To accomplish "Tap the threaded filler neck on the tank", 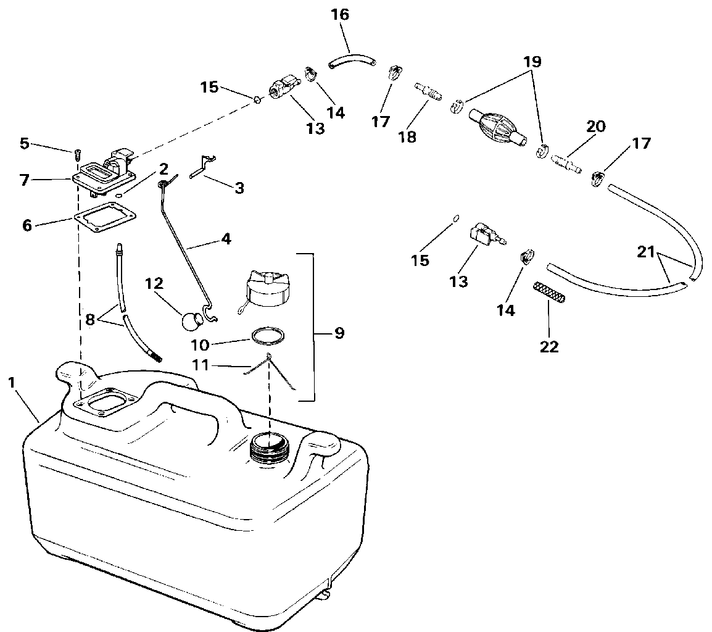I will click(269, 448).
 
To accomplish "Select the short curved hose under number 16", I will click(352, 60).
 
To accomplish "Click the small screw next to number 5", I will click(78, 153).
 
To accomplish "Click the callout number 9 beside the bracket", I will click(339, 334).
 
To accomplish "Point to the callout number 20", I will click(596, 127).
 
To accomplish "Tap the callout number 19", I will click(532, 62).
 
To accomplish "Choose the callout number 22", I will click(549, 346).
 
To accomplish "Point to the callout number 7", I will click(24, 181).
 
